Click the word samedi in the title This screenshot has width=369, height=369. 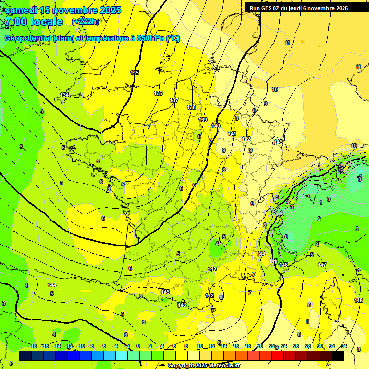tap(21, 10)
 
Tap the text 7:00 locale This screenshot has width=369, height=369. tap(34, 22)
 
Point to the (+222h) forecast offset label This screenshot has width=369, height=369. tap(86, 22)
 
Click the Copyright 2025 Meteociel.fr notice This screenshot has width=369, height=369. tap(204, 366)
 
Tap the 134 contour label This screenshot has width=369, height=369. tap(64, 95)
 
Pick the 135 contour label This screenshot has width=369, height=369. tap(135, 73)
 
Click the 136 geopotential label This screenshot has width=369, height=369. tap(158, 93)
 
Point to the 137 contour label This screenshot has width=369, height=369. tap(174, 100)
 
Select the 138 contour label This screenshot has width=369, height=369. tap(191, 107)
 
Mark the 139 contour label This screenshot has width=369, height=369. tap(203, 120)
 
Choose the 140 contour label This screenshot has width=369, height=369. tap(216, 126)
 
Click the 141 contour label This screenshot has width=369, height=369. tap(232, 134)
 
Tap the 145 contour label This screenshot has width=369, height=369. tap(273, 261)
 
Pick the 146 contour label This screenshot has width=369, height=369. tap(283, 265)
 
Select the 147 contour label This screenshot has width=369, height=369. tap(322, 265)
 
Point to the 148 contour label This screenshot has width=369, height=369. tap(358, 300)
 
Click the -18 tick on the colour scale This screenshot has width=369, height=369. tap(33, 346)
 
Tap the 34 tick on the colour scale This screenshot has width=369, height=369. tap(344, 346)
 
